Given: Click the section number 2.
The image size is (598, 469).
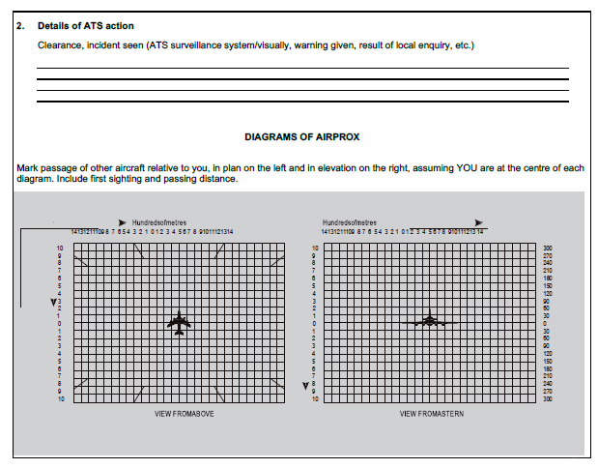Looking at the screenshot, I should (x=20, y=25).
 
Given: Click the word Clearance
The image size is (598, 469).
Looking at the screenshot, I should (x=60, y=45).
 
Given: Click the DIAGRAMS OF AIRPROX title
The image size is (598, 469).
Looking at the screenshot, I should (x=301, y=137).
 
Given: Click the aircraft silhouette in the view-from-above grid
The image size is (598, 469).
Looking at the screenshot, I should (x=179, y=323).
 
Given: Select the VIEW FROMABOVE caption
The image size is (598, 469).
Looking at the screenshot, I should (x=185, y=413).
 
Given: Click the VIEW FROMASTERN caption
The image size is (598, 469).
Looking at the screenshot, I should (x=430, y=413).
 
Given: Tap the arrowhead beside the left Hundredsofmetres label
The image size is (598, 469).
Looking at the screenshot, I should (x=122, y=222).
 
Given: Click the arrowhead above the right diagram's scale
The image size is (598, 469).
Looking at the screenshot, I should (x=480, y=221).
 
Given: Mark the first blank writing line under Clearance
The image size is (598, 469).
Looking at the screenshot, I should (x=301, y=69).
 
